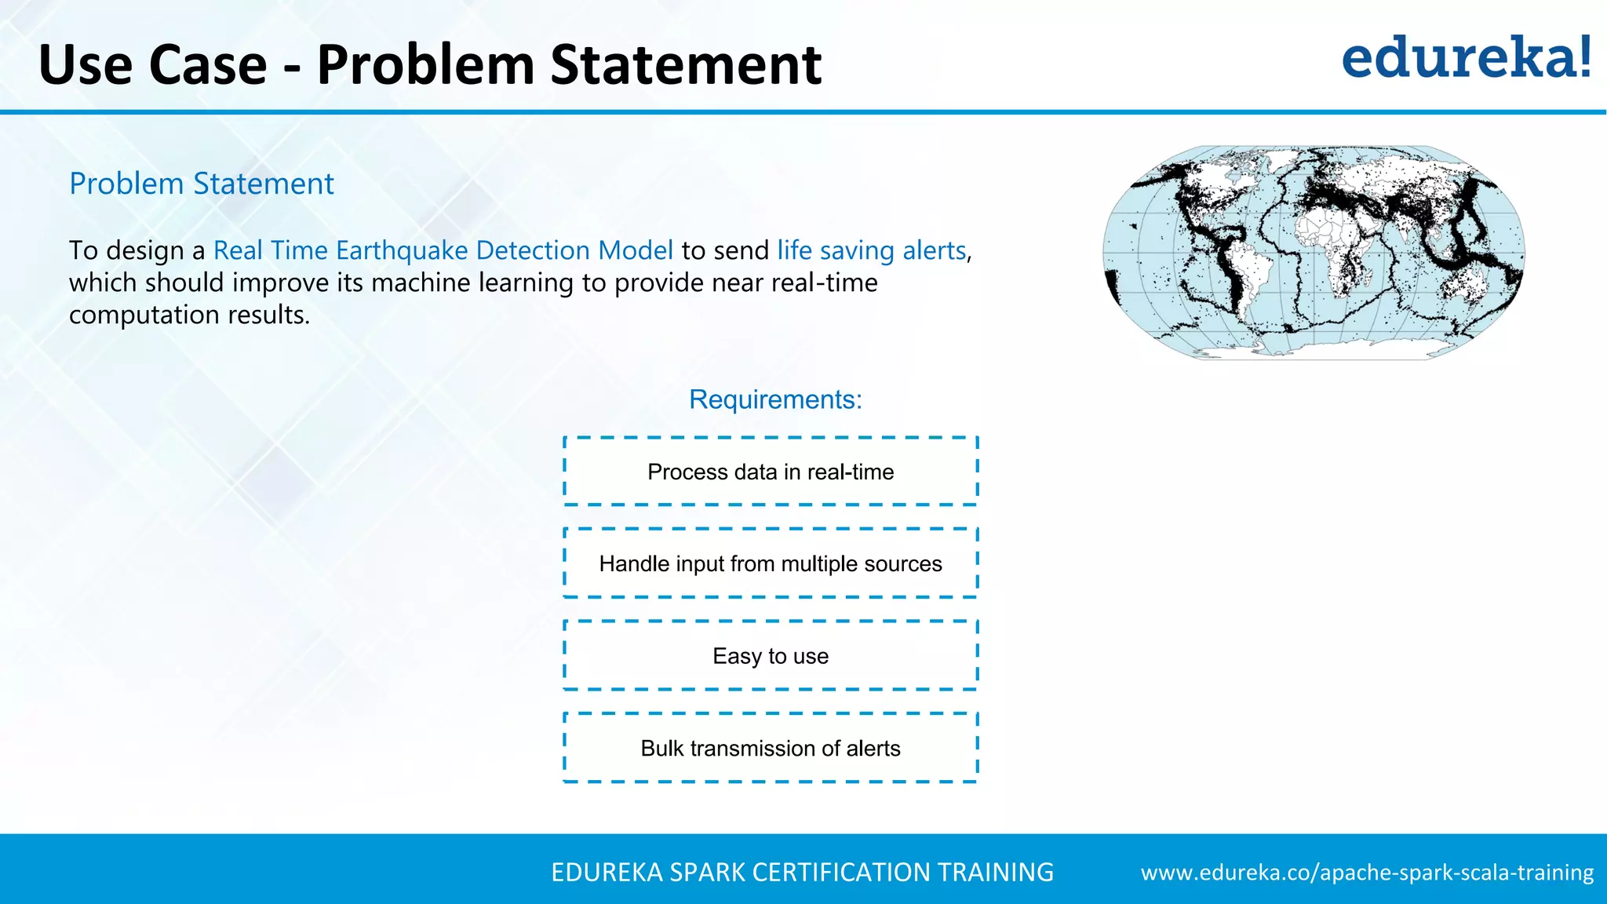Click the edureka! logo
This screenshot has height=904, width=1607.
(x=1466, y=58)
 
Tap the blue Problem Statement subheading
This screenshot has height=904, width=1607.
(x=202, y=184)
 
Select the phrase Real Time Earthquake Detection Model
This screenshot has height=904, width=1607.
(x=443, y=250)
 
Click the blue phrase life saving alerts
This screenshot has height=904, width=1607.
(x=871, y=250)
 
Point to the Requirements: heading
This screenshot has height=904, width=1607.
(x=774, y=399)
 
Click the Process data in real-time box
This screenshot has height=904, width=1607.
(x=771, y=472)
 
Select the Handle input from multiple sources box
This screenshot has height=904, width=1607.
(x=771, y=563)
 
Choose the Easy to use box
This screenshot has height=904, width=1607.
(x=771, y=656)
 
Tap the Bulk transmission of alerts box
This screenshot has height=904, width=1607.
(x=771, y=748)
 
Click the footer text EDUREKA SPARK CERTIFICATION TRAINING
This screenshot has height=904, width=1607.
(x=802, y=873)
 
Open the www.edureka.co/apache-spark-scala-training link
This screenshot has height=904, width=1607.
(x=1367, y=873)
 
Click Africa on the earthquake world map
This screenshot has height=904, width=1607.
(x=1334, y=243)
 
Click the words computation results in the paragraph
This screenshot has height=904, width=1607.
(x=189, y=315)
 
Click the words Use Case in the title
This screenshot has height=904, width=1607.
(x=152, y=64)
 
